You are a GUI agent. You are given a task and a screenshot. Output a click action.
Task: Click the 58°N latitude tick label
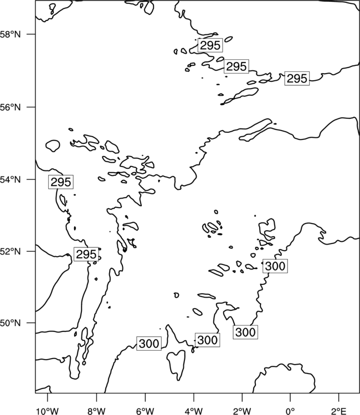click(11, 34)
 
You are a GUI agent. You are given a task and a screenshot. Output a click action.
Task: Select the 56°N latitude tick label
click(11, 107)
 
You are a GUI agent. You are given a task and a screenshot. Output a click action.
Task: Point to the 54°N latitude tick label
click(11, 179)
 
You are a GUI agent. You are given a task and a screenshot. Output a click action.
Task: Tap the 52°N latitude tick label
click(11, 251)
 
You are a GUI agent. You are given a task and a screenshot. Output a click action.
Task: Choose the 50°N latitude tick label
click(11, 323)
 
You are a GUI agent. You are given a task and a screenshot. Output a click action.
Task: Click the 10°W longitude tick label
click(48, 411)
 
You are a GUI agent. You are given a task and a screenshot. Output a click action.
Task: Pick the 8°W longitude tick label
click(96, 411)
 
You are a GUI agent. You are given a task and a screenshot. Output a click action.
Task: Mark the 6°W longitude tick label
click(145, 411)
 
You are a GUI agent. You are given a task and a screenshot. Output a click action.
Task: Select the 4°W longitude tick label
click(193, 411)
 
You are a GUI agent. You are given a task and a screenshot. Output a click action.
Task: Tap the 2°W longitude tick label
click(242, 411)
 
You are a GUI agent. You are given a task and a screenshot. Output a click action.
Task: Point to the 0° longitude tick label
click(290, 411)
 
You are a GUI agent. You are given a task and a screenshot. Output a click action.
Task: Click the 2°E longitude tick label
click(339, 411)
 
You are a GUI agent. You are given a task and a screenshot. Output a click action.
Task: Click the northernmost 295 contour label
click(210, 45)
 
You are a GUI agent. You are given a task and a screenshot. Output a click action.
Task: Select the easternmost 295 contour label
click(297, 79)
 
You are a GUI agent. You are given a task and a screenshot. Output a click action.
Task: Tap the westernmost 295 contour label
click(61, 182)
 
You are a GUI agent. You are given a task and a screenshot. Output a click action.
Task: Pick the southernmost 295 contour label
click(86, 255)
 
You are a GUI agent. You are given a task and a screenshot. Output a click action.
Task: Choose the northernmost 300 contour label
click(275, 266)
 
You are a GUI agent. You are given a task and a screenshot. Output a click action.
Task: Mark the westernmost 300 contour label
click(149, 344)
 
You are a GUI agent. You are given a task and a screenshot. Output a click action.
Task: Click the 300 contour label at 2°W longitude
click(245, 332)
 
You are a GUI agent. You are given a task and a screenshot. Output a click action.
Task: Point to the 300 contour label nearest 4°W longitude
click(208, 340)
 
